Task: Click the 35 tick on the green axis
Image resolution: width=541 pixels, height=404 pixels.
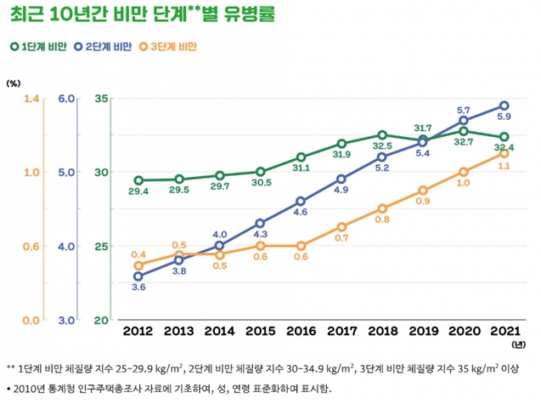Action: pyautogui.click(x=102, y=100)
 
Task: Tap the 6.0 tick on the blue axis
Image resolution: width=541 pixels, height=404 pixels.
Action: pyautogui.click(x=67, y=100)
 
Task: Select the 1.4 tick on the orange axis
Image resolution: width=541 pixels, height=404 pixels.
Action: pyautogui.click(x=32, y=100)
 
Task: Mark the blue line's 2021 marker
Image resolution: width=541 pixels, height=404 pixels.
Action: pyautogui.click(x=504, y=106)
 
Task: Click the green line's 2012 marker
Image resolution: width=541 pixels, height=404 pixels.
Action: pyautogui.click(x=138, y=180)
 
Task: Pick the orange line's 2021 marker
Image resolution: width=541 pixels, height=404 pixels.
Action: pyautogui.click(x=504, y=153)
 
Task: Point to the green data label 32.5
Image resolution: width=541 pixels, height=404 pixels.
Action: pyautogui.click(x=382, y=146)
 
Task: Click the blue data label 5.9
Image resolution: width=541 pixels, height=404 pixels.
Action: pyautogui.click(x=504, y=117)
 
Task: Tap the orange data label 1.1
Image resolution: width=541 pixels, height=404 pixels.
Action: pyautogui.click(x=504, y=167)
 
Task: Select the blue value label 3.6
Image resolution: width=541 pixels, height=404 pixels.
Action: pyautogui.click(x=138, y=288)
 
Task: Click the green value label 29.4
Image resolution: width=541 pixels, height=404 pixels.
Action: pyautogui.click(x=138, y=192)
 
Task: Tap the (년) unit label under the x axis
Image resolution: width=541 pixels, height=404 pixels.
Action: pyautogui.click(x=518, y=345)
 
